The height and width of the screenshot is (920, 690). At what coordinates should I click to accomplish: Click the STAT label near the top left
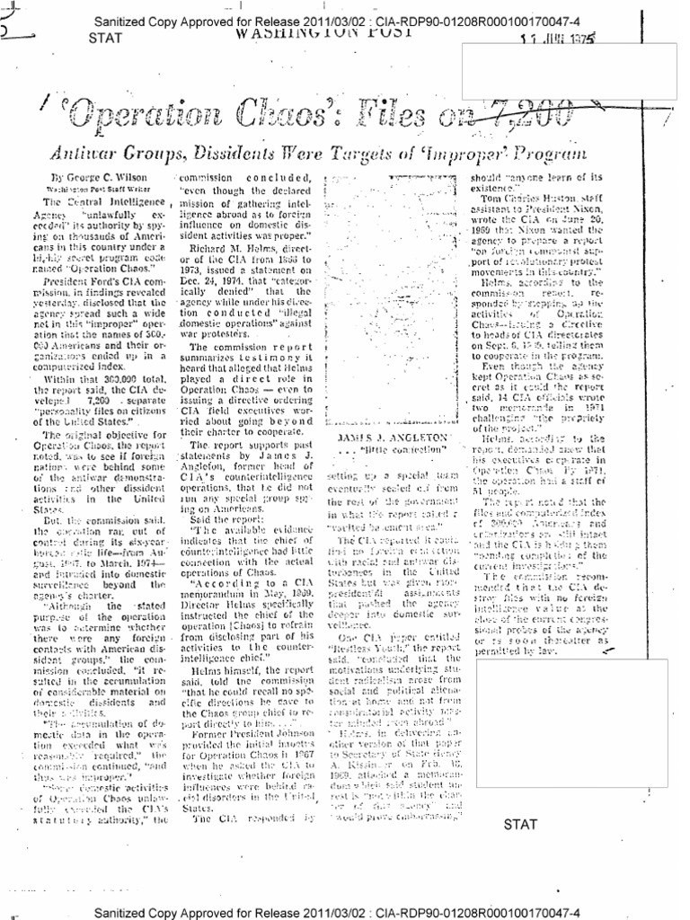point(106,39)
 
